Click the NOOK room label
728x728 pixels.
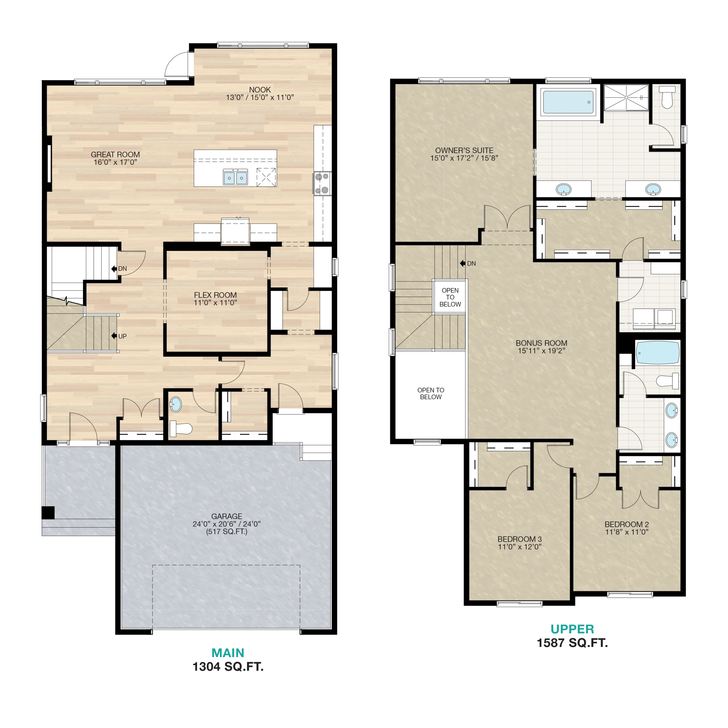pos(260,90)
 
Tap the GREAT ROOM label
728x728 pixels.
pos(115,154)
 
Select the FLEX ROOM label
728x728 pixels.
pos(215,295)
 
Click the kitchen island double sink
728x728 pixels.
pos(235,177)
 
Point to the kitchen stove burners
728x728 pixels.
pos(322,183)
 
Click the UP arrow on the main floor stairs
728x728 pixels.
pos(114,336)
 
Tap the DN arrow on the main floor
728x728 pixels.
pos(114,269)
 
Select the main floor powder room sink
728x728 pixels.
pos(175,404)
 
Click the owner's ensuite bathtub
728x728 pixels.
pos(568,102)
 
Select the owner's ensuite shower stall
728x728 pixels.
pos(626,98)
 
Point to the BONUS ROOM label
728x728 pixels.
pos(541,343)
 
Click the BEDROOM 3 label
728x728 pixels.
pos(520,539)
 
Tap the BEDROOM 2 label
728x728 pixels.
pos(627,524)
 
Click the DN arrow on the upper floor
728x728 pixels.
pos(463,263)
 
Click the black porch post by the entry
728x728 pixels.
pos(48,512)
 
